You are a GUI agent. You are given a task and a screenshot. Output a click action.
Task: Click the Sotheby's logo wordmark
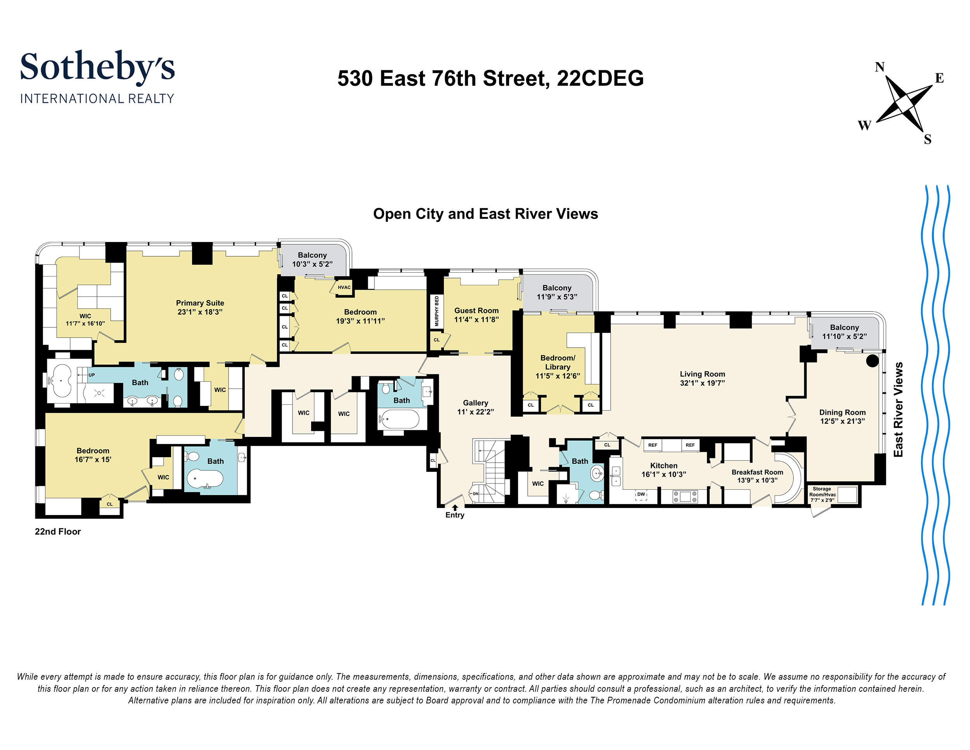(x=97, y=67)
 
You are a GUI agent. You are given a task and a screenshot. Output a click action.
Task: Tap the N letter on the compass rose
(x=879, y=67)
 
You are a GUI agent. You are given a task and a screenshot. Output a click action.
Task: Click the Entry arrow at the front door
(x=455, y=507)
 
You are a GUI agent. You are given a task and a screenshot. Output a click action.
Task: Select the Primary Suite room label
(x=200, y=303)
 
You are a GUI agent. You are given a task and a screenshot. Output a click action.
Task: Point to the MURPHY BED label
(x=436, y=311)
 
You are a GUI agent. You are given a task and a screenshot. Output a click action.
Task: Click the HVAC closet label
(x=344, y=287)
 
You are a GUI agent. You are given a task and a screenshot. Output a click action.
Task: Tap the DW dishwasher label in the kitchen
(x=641, y=494)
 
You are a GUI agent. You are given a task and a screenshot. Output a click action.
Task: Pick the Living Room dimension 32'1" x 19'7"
(x=702, y=383)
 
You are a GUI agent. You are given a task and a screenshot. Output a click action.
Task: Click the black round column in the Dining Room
(x=872, y=360)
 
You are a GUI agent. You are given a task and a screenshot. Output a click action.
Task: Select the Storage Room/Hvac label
(x=822, y=494)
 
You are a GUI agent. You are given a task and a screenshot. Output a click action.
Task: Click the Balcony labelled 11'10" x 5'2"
(x=844, y=332)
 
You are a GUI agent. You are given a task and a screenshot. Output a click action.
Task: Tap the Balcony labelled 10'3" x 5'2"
(x=312, y=259)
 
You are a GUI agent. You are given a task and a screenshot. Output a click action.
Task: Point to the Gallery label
(x=475, y=403)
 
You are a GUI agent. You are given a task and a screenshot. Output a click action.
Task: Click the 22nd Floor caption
(x=58, y=532)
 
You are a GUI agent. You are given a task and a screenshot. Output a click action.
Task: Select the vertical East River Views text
(x=898, y=409)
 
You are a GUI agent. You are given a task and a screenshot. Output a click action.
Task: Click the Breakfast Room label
(x=757, y=472)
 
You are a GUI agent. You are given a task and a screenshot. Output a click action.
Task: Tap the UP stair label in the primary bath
(x=92, y=375)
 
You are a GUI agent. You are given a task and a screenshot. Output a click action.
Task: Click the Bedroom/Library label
(x=558, y=362)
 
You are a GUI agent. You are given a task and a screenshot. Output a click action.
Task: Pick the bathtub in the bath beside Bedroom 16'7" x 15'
(x=205, y=479)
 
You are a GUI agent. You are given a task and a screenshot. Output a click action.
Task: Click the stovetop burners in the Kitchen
(x=685, y=496)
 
